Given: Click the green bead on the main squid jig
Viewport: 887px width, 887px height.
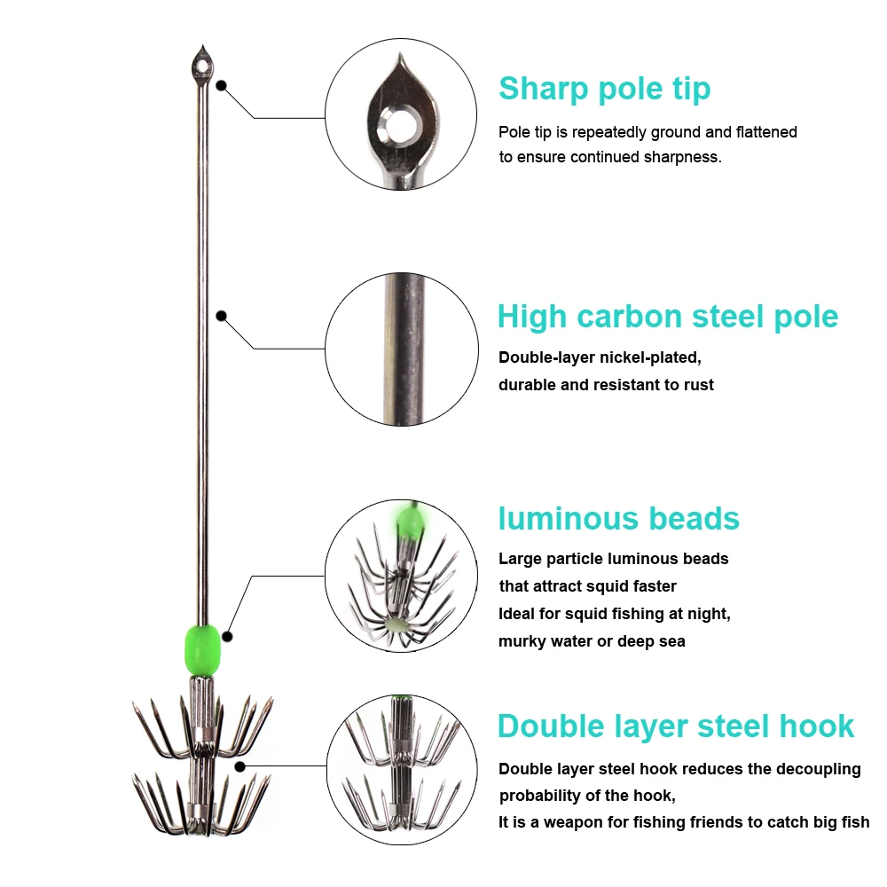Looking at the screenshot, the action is point(202,650).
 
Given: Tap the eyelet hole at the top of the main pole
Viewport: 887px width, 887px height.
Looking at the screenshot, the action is point(202,67).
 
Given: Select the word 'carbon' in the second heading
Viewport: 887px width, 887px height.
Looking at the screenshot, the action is point(629,317).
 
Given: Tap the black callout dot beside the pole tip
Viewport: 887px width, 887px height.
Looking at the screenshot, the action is point(222,85).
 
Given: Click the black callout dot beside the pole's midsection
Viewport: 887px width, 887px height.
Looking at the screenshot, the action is point(221,316).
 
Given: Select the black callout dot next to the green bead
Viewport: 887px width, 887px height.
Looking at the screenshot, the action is point(227,636).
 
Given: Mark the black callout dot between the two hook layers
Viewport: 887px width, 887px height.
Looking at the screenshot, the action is point(240,766).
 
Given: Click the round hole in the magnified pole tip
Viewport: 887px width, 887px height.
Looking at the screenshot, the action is point(403,123).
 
